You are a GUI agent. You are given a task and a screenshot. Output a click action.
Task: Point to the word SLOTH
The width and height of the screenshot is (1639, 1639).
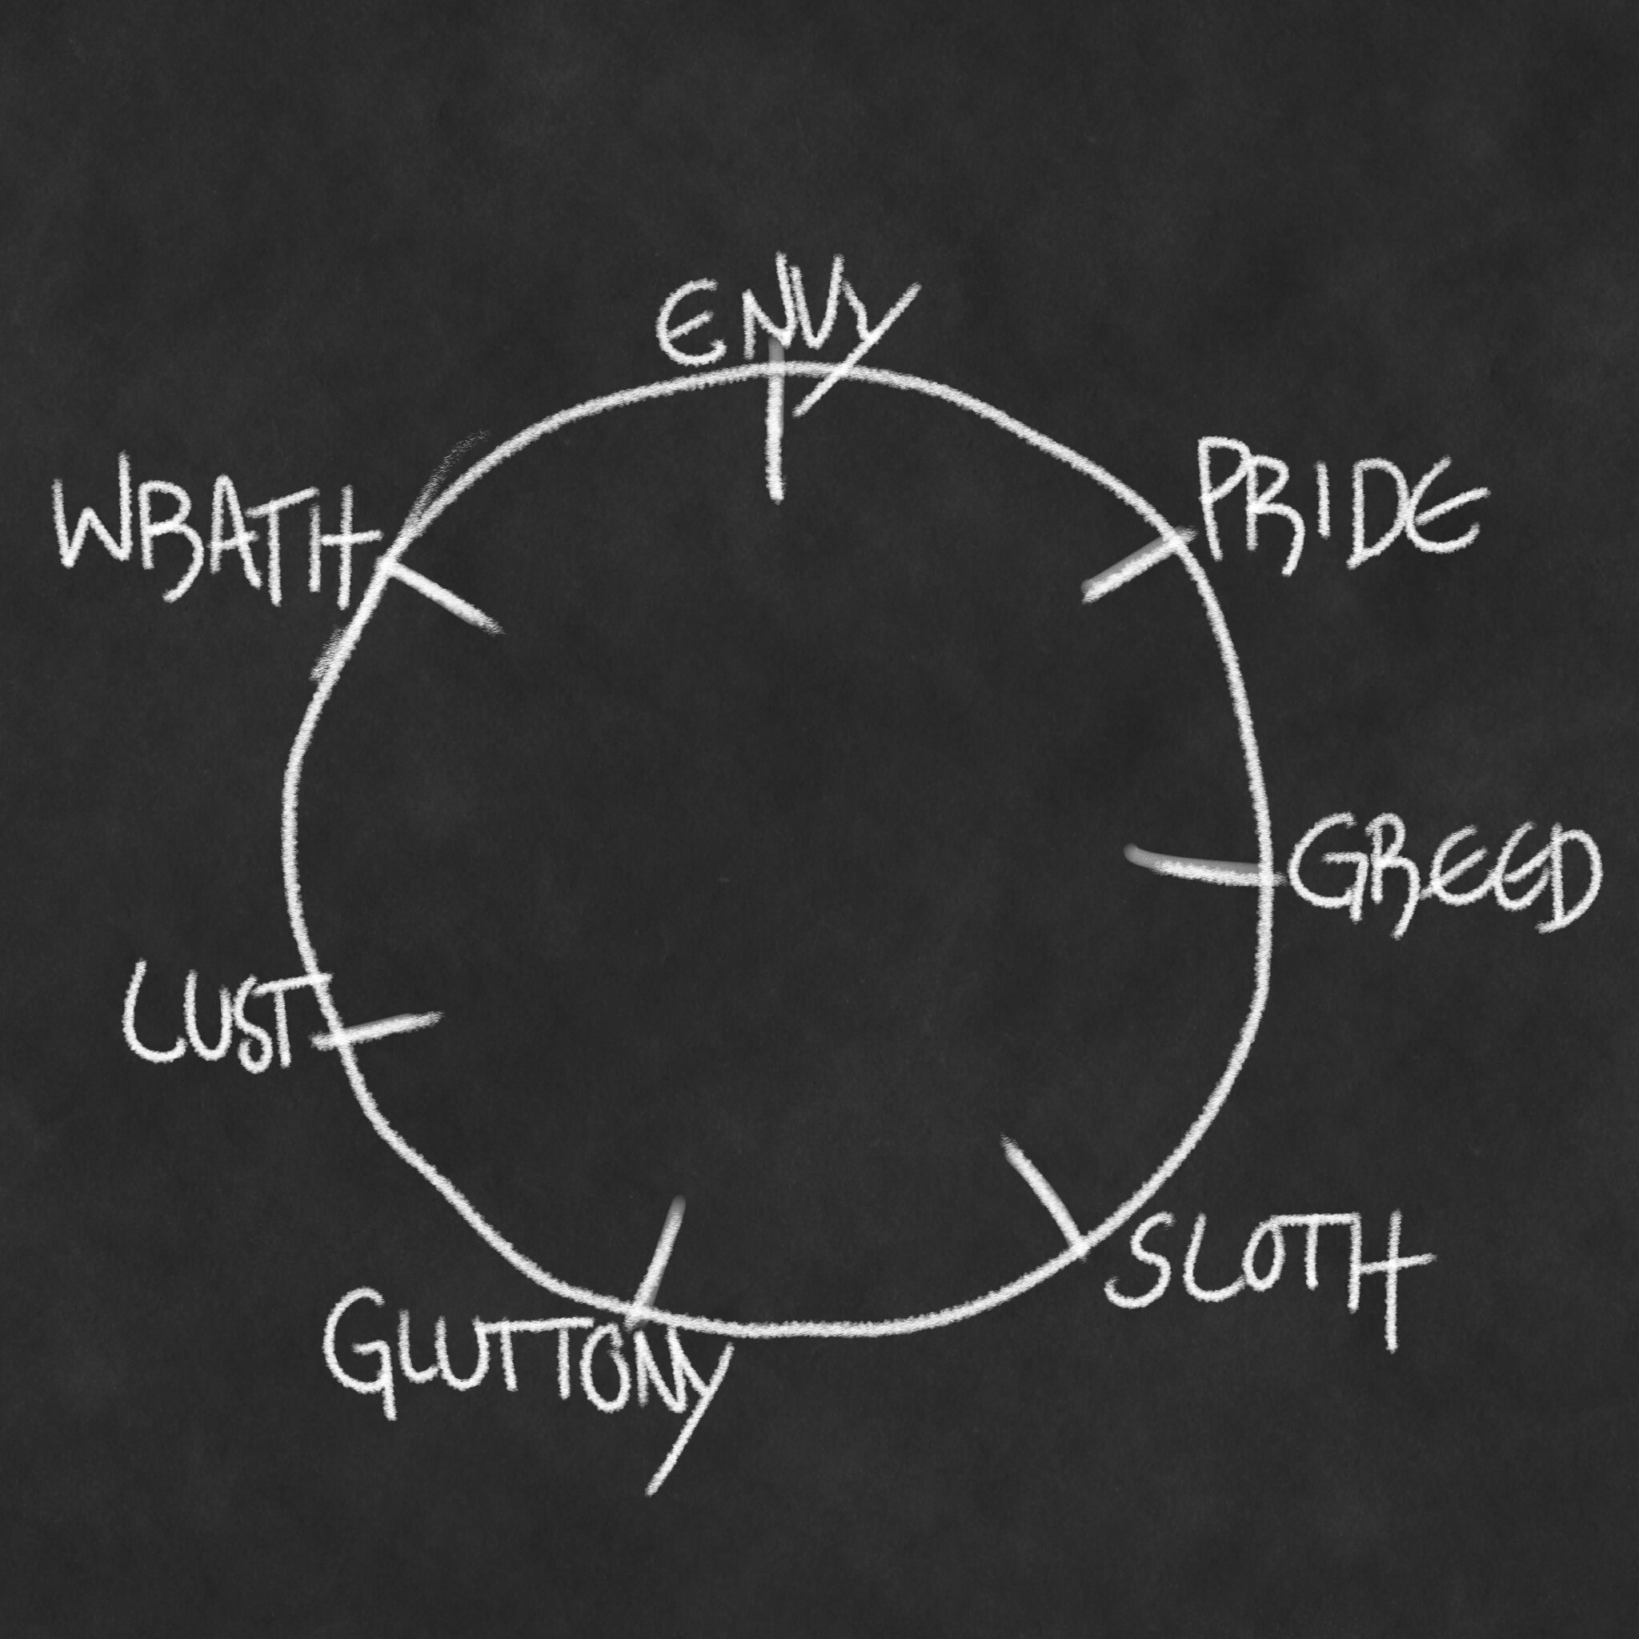pyautogui.click(x=1264, y=1272)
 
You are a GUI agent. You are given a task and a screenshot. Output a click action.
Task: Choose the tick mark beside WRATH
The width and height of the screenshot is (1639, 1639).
pyautogui.click(x=441, y=594)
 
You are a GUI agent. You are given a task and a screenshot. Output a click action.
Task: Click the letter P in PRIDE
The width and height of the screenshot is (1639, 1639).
pyautogui.click(x=1221, y=505)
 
